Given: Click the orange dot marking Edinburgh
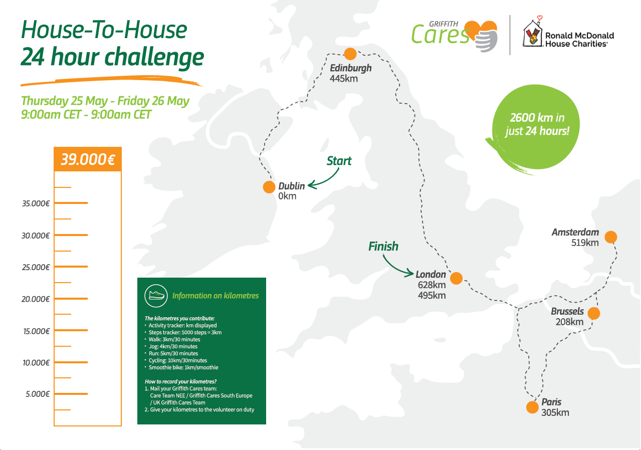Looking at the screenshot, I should [350, 54].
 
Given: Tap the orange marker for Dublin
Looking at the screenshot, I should [269, 187].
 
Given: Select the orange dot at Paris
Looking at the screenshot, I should [532, 407].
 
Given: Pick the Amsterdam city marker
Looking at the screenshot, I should [610, 237].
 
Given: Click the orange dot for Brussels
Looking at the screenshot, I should [593, 313].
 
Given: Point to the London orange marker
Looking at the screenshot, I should [456, 278].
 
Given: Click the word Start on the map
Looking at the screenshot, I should [339, 161].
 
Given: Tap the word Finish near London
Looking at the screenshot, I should [383, 247].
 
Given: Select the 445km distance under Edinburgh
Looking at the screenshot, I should [344, 78].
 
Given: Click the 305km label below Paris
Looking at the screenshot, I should [555, 413].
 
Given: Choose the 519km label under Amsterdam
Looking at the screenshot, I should [585, 243].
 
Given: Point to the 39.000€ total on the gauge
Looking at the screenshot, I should [88, 160].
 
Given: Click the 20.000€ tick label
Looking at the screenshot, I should [35, 299].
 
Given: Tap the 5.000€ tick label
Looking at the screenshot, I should [37, 394].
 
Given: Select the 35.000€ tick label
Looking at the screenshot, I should [35, 204].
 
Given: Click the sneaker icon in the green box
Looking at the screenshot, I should [156, 295].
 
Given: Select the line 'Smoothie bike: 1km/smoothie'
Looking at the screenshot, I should [183, 367].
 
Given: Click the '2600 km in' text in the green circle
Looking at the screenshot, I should [537, 118].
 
